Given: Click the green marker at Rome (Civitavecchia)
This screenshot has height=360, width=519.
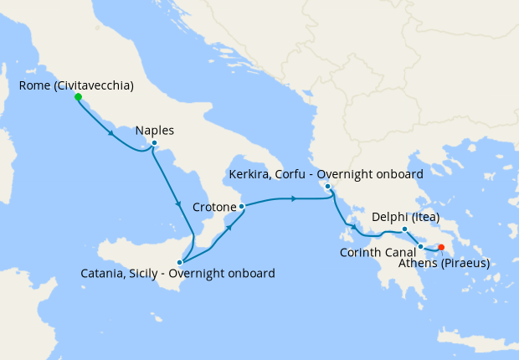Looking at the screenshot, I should click(78, 97).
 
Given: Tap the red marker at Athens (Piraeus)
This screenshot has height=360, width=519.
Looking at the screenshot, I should click(441, 247).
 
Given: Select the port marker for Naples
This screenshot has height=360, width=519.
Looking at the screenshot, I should click(154, 143).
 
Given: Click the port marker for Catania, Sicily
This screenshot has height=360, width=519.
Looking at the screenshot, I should click(179, 262).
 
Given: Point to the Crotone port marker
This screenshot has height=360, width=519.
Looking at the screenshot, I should click(241, 206).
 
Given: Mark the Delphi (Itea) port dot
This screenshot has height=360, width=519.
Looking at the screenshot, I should click(404, 229).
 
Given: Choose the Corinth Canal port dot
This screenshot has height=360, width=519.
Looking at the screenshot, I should click(421, 246).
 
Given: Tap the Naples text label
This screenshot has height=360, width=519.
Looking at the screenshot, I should click(154, 131).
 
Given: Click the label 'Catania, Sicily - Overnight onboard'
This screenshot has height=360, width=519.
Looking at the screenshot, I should click(177, 274).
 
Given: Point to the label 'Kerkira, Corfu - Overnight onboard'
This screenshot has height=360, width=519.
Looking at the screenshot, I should click(326, 174).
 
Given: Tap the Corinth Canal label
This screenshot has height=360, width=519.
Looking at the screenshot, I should click(378, 252).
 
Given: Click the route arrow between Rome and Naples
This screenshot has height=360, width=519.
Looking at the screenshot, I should click(111, 132).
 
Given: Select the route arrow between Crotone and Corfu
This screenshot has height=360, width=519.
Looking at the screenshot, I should click(293, 198).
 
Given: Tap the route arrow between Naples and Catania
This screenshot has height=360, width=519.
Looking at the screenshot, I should click(177, 204).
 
